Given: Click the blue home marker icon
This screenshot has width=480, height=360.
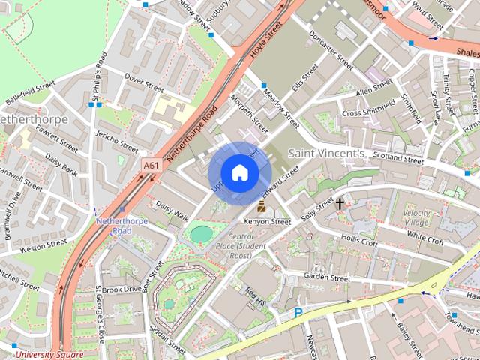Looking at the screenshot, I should tap(240, 172).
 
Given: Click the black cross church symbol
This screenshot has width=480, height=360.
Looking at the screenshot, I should tap(340, 203).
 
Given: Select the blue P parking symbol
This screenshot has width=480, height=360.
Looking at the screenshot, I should tap(298, 313).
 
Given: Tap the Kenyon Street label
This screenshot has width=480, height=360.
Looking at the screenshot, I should tap(268, 222).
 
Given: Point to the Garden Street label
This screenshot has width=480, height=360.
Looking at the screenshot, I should tap(327, 277).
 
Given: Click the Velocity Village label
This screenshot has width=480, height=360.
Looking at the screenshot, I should tap(417, 218).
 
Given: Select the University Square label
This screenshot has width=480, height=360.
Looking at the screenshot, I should tap(49, 354).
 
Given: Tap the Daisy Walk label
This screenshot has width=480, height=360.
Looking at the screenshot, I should tap(172, 209).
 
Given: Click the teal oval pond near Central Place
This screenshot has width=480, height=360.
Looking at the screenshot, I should tap(201, 234).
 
